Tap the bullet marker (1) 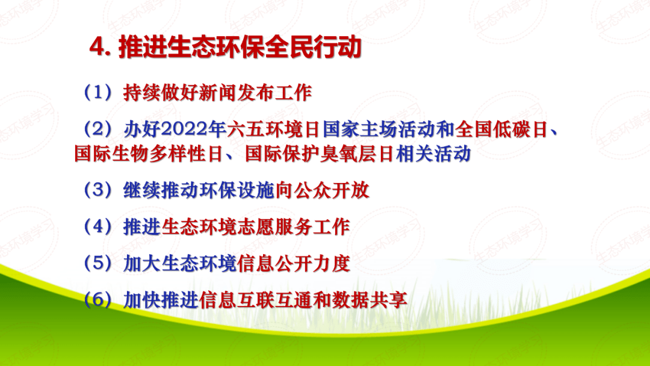coord(98,93)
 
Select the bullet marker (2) coord(98,129)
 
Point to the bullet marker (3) coord(98,190)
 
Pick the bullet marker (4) coord(98,227)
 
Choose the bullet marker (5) coord(98,263)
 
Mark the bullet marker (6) coord(98,300)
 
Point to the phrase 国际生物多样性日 coord(149,154)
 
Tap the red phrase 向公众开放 coord(322,190)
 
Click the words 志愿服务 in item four coord(274,227)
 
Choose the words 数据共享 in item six coord(370,300)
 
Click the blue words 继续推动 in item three coord(161,190)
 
